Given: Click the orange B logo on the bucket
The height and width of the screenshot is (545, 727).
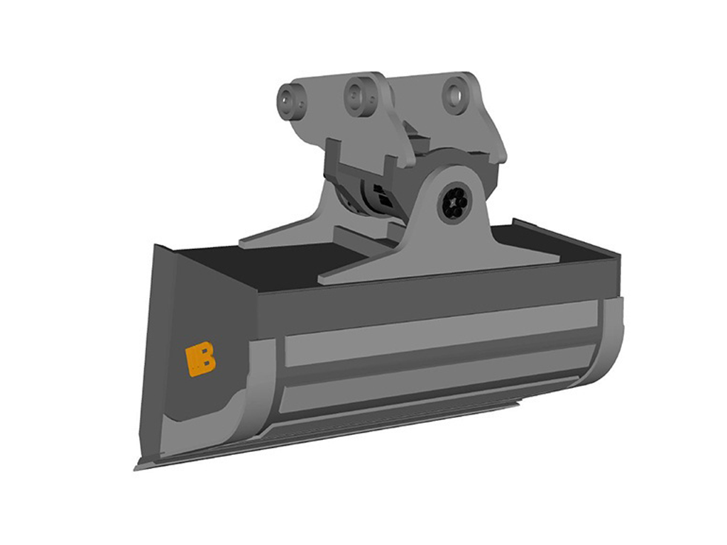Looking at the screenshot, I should pos(199,360).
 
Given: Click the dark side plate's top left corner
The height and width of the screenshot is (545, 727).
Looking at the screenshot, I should pos(157,247).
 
